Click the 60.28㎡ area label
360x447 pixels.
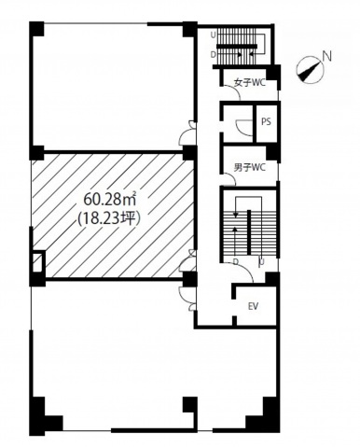(x=110, y=201)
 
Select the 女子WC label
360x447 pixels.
(x=250, y=83)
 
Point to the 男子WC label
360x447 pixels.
(x=250, y=167)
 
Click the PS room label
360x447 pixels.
(x=266, y=121)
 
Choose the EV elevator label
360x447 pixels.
(x=254, y=306)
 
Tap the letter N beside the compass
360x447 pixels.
(x=327, y=57)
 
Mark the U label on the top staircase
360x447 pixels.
(x=213, y=35)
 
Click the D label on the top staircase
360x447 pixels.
(x=213, y=54)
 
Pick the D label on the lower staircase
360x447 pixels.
(x=236, y=262)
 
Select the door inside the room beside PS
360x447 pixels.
(x=244, y=127)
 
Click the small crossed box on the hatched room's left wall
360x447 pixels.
(x=37, y=263)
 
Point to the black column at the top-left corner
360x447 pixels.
(x=36, y=29)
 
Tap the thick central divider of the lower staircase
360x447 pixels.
(x=249, y=232)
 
